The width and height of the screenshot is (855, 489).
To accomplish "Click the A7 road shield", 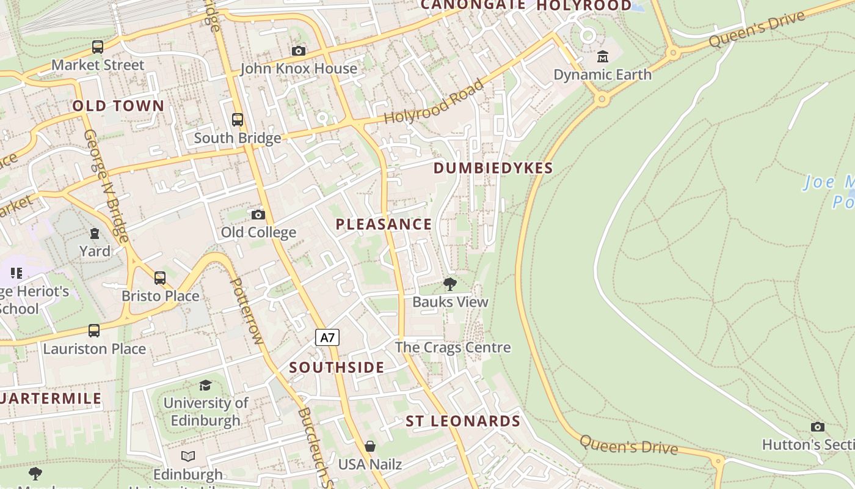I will point(327,337).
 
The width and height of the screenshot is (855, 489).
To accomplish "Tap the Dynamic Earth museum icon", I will point(603,57).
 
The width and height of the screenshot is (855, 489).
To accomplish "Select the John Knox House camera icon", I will point(299,51).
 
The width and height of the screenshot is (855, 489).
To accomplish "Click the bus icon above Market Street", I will point(98,47).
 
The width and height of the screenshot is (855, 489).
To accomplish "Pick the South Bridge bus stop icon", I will point(238,120).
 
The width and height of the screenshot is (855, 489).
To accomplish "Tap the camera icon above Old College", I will point(258,215).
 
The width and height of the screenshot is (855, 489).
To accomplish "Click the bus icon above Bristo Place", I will point(160,278).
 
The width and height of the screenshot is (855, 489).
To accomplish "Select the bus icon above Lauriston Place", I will point(94,331).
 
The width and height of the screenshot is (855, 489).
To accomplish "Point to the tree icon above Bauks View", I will point(450,284).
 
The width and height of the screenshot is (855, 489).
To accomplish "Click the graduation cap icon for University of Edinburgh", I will point(205,385).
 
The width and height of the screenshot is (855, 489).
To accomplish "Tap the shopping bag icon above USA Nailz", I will point(369,446).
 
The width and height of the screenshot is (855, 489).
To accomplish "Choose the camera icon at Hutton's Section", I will point(817,427).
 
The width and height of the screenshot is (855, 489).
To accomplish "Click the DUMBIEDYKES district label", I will point(493,168).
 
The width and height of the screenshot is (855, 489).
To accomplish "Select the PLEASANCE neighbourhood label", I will point(384,224).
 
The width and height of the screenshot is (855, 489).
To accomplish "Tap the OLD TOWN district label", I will point(118,106).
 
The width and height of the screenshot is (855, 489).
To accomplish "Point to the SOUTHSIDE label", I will point(337,367).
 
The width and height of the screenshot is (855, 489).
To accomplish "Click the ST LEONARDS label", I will point(463,421).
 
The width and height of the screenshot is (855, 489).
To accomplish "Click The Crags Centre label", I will point(453,347).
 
